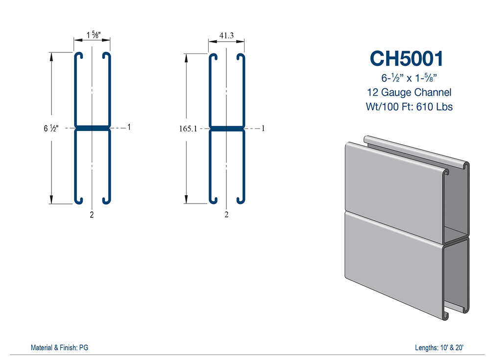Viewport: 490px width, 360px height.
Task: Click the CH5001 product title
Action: (x=407, y=58)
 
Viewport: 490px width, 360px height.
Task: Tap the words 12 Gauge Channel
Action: (x=409, y=92)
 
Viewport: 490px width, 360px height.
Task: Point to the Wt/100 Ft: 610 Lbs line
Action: (x=409, y=106)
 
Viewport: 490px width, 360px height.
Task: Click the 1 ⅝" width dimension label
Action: (x=92, y=35)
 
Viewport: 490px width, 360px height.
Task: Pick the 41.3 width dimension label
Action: (x=226, y=35)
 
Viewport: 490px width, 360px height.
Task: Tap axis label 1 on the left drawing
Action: (x=128, y=128)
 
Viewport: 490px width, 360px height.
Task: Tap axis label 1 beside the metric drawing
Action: (x=263, y=129)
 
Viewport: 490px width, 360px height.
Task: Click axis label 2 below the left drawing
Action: (x=92, y=214)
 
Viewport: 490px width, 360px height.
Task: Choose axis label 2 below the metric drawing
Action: (x=226, y=214)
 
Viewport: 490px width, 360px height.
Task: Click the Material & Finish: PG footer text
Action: (x=59, y=348)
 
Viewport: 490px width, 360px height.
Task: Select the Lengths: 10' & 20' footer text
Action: (x=439, y=348)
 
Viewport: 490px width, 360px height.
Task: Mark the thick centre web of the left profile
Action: (x=92, y=128)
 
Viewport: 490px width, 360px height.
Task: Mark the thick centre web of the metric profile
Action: (x=226, y=129)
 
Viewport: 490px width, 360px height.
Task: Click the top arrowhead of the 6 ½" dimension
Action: (x=51, y=55)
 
